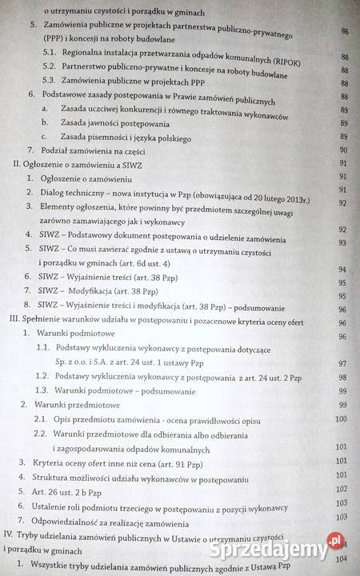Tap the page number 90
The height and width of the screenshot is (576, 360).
pyautogui.click(x=345, y=150)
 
